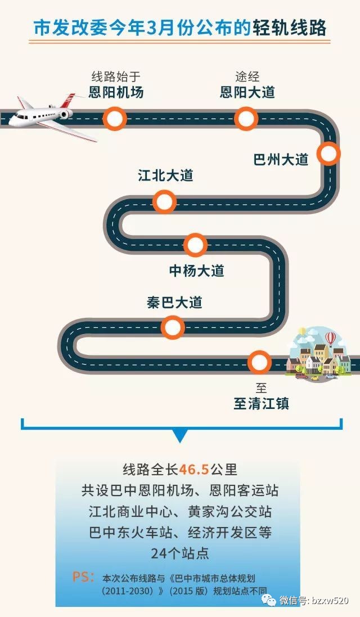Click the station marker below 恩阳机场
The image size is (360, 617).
point(115,119)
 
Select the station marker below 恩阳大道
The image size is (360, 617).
point(246,119)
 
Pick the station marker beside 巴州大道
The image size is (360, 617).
point(328,154)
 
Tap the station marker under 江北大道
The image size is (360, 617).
point(164,202)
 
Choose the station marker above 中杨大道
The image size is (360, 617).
point(195,245)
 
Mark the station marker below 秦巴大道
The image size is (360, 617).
point(172,327)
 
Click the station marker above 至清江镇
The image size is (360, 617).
point(259,362)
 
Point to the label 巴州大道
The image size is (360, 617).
point(281,160)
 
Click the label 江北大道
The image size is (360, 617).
point(165,175)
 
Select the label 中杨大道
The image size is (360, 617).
point(197,271)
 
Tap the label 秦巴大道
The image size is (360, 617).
point(174,303)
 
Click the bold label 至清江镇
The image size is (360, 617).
point(261,404)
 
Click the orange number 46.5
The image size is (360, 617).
point(194,470)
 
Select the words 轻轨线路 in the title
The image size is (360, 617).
point(289,28)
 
